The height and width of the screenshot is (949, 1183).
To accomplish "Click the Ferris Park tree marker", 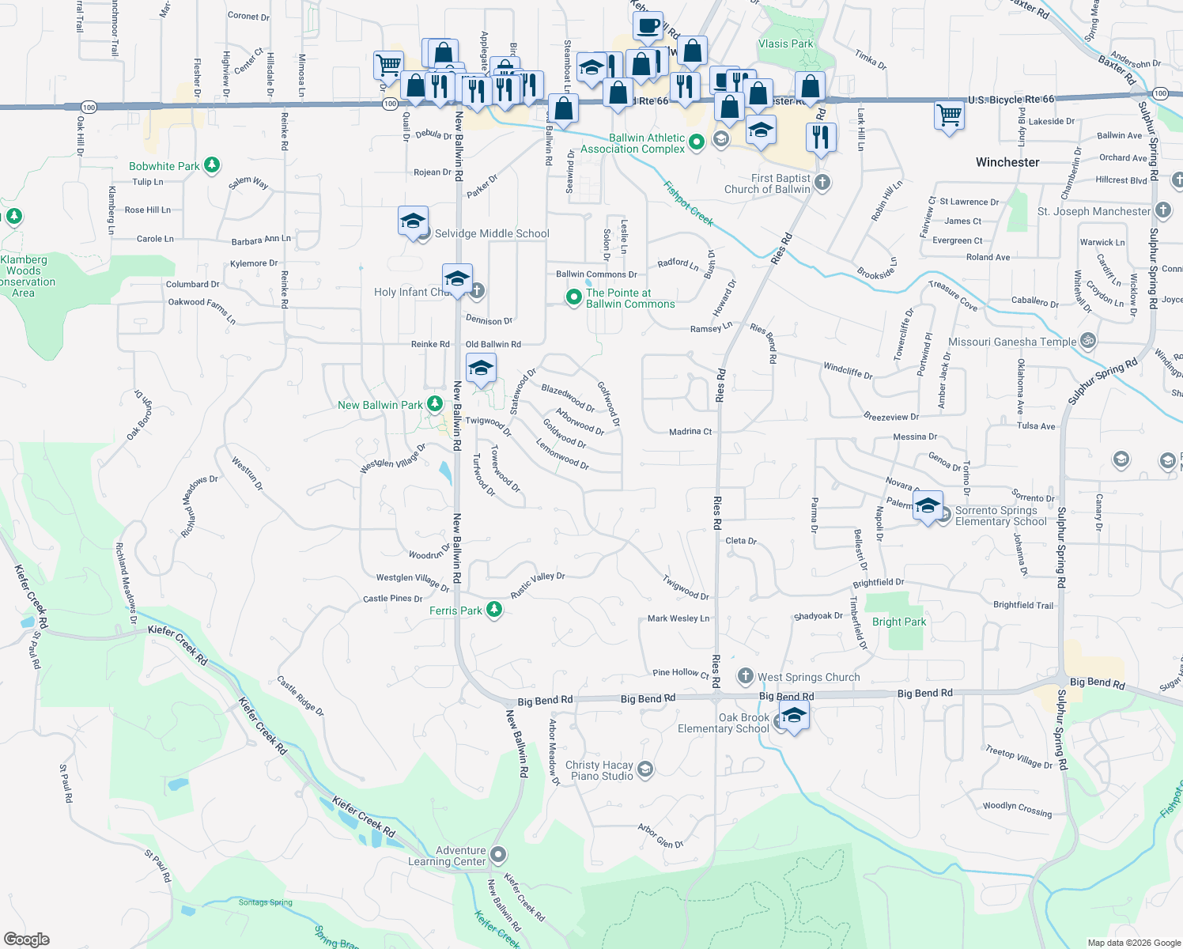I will [494, 610].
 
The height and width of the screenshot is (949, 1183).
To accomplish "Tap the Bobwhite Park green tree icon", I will [211, 165].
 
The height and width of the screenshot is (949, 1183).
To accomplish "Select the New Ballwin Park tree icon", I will [434, 404].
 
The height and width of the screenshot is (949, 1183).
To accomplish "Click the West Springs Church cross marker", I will [745, 676].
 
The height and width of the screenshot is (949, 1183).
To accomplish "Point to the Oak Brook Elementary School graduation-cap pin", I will [793, 716].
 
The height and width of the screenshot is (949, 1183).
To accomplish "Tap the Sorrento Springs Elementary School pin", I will [928, 505].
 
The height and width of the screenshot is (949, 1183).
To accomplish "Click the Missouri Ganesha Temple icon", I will [1088, 341].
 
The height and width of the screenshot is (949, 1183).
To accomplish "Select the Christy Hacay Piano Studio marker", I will [645, 769].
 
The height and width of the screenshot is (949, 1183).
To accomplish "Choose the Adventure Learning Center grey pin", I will [497, 855].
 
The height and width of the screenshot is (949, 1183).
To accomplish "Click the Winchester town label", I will [1007, 162].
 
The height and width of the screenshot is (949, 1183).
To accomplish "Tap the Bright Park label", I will [899, 622].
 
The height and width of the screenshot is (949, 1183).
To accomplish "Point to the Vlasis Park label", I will [785, 43].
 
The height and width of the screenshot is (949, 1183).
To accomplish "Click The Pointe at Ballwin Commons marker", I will [573, 297].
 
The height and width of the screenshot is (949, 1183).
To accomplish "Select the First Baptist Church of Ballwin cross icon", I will [822, 183].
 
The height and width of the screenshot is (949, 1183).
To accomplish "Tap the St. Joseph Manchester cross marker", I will [1162, 210].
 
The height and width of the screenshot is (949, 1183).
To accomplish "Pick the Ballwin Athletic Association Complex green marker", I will [697, 142].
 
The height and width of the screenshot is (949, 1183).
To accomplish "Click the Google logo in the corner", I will [27, 940].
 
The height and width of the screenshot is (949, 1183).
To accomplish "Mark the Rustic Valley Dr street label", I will [538, 585].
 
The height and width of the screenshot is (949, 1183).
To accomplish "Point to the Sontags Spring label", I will [266, 902].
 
